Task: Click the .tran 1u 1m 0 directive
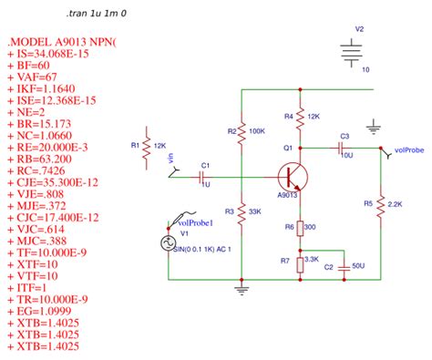(97, 15)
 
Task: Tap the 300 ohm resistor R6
(300, 227)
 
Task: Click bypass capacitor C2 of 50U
(344, 268)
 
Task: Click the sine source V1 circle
(167, 243)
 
